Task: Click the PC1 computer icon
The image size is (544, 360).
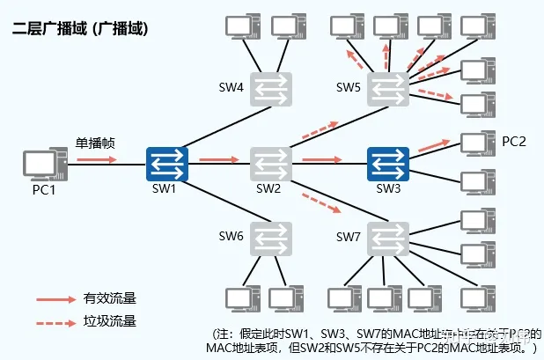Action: coord(40,164)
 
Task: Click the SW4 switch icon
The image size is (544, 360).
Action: coord(268,87)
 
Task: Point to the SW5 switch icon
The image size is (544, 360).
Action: coord(388,87)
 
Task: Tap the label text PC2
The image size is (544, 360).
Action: coord(514,142)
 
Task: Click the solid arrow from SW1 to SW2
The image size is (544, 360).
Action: coord(218,160)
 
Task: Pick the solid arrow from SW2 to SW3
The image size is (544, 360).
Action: coord(321,160)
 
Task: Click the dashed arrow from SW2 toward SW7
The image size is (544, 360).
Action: coord(321,205)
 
